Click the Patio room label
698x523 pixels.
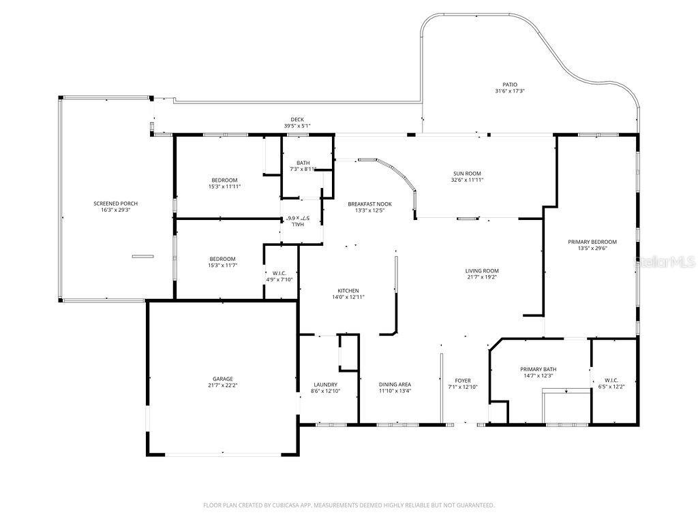(x=509, y=84)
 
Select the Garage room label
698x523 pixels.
(x=222, y=379)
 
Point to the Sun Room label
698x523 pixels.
(x=467, y=174)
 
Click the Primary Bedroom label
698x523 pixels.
(x=592, y=242)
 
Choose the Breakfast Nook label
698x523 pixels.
(x=369, y=204)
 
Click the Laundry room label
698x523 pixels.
(x=325, y=384)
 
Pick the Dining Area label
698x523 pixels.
(x=395, y=384)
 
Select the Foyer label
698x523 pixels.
(x=463, y=381)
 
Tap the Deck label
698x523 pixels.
(x=297, y=119)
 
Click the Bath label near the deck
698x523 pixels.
(x=303, y=163)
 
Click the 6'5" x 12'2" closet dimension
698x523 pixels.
(x=610, y=387)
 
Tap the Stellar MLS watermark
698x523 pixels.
(x=665, y=261)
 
